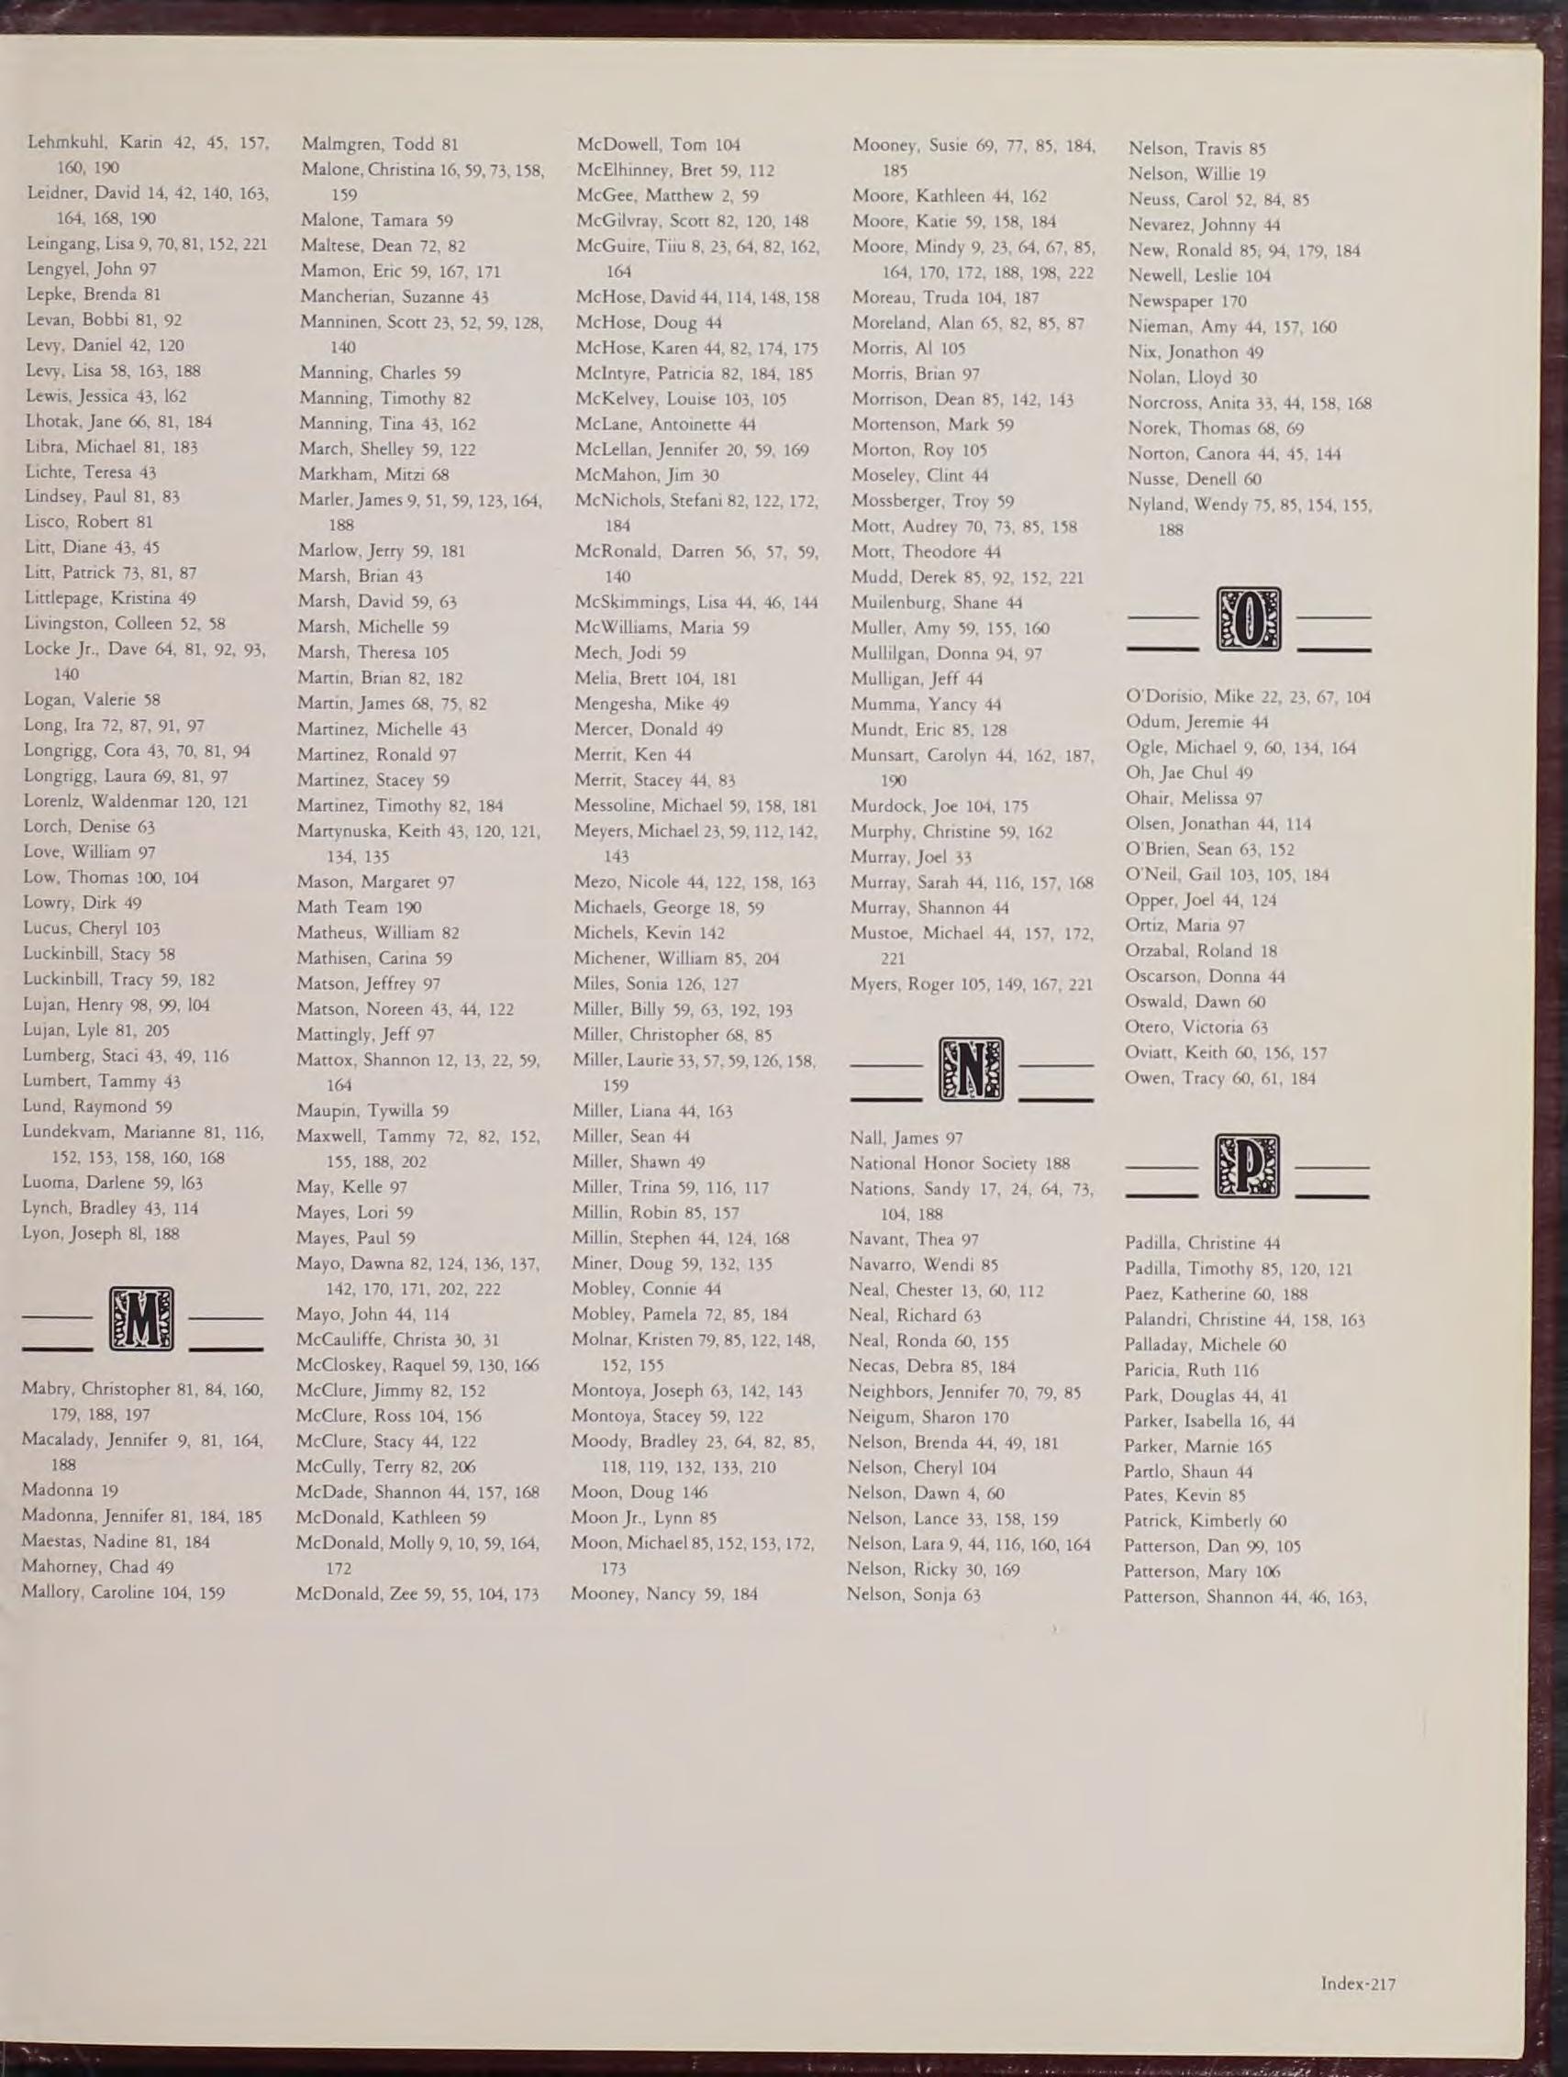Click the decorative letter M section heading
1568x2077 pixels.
(142, 1320)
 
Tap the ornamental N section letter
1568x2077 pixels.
(970, 1070)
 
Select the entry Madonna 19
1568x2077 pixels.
(57, 1490)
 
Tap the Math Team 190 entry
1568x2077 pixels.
(359, 908)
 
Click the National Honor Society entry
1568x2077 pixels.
(960, 1163)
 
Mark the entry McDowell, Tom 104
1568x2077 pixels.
(658, 145)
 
